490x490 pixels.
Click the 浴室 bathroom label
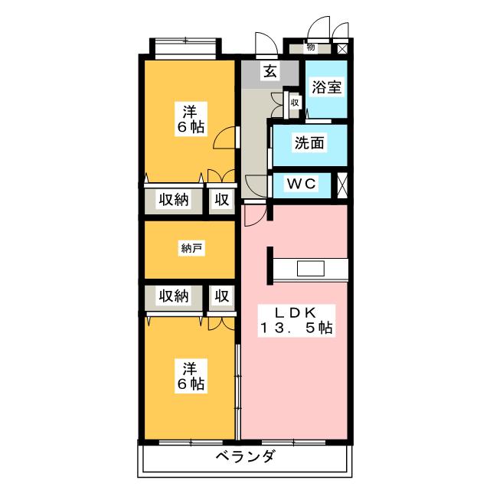pos(326,87)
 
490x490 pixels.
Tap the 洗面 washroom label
pos(310,142)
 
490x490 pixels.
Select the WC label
pos(302,185)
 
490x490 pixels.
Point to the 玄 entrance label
pos(270,72)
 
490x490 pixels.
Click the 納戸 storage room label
pos(191,248)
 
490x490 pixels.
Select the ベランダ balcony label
pos(244,457)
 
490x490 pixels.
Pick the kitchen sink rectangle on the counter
pos(310,269)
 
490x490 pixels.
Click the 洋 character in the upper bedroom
pos(190,109)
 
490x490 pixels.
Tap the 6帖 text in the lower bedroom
pos(190,382)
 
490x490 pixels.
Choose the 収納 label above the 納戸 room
pos(173,200)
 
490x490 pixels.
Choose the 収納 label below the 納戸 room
pos(173,296)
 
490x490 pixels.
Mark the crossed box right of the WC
pos(341,185)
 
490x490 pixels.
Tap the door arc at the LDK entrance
pos(253,214)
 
